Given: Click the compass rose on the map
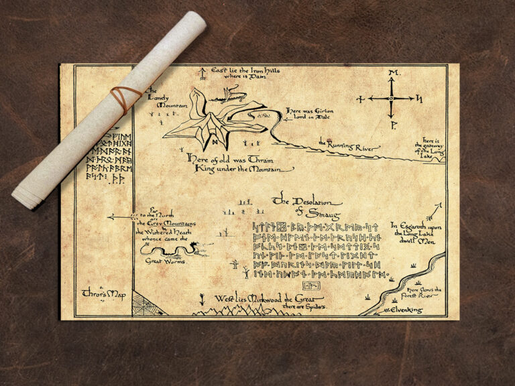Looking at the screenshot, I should click(391, 99).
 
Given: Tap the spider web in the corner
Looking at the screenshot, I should click(146, 303).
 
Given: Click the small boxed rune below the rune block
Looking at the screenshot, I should click(316, 285).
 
